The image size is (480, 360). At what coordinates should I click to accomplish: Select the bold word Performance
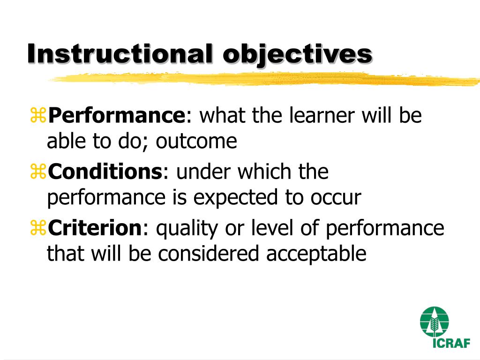point(117,116)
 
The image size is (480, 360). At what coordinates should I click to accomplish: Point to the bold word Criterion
point(95,229)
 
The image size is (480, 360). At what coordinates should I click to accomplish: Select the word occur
point(335,198)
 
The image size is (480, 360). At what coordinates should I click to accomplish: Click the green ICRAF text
point(450,343)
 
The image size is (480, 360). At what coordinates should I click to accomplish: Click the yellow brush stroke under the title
point(262,79)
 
